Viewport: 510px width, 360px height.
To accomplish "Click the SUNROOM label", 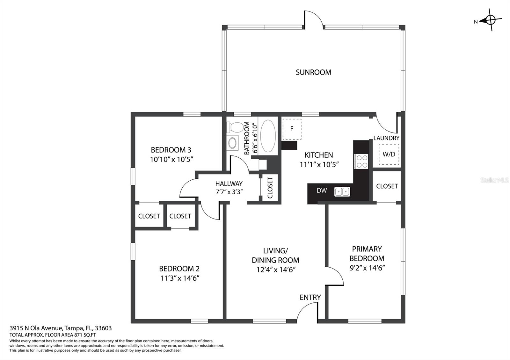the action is (x=314, y=72).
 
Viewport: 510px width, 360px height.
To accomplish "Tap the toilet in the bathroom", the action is (x=235, y=127).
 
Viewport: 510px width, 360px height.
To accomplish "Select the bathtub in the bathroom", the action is (x=268, y=136).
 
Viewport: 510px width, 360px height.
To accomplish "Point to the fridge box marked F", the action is (x=292, y=129).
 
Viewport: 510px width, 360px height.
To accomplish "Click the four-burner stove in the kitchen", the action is (x=361, y=161).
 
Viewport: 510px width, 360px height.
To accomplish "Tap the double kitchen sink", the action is (x=342, y=191).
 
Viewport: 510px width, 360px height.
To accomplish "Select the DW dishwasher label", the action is (x=322, y=191).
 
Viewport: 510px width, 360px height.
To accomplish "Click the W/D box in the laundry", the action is (x=389, y=154).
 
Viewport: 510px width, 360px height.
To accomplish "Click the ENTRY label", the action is (x=310, y=298).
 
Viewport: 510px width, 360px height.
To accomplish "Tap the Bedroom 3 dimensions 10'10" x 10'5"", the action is (x=172, y=160).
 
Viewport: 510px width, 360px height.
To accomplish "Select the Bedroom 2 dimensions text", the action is (x=180, y=278).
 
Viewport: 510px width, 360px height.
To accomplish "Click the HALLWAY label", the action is (x=229, y=184).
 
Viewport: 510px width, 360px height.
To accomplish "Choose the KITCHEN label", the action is (x=319, y=155).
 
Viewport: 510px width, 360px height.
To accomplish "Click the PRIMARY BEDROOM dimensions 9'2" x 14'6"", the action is (x=367, y=268).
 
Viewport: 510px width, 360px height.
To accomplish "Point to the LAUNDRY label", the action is (x=386, y=138).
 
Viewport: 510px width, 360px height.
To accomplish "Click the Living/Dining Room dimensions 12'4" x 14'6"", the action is (x=276, y=270).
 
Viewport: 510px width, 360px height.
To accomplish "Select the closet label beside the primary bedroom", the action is (x=387, y=186).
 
